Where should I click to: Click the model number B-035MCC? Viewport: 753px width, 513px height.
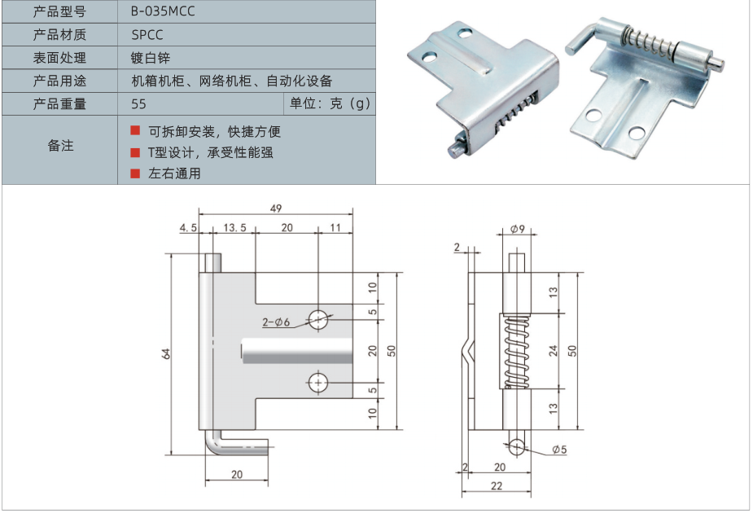pos(163,11)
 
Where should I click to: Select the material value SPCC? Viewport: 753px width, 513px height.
pos(147,35)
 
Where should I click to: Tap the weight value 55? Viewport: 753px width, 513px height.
pos(138,103)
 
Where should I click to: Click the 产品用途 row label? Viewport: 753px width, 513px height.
pos(59,81)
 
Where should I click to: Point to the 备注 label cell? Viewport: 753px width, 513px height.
pos(60,146)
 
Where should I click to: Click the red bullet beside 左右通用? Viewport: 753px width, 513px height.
pos(135,173)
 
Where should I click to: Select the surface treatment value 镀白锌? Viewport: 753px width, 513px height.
pos(151,58)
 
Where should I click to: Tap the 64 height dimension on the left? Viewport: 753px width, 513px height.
pos(166,353)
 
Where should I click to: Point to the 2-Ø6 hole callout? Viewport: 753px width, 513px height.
pos(276,322)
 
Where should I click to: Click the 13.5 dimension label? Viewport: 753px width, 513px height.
pos(234,228)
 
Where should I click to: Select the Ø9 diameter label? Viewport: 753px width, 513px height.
pos(518,230)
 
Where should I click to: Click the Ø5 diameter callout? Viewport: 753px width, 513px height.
pos(559,449)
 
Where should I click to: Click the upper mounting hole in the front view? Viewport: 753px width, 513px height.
pos(317,318)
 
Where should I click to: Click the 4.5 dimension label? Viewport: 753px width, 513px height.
pos(189,228)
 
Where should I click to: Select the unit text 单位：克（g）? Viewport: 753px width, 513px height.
pos(330,103)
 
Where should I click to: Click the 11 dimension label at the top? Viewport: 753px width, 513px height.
pos(335,228)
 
